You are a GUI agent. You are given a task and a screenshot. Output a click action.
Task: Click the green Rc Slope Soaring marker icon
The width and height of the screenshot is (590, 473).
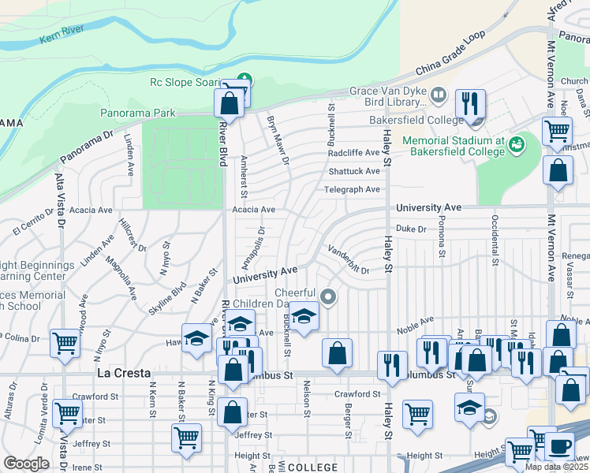[245, 80]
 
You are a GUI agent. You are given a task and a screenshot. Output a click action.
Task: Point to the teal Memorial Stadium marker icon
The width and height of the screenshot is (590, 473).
[517, 143]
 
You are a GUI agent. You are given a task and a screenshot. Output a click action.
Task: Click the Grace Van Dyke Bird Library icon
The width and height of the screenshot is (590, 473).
[438, 96]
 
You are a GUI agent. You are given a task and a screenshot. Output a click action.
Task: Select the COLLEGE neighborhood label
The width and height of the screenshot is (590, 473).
[313, 467]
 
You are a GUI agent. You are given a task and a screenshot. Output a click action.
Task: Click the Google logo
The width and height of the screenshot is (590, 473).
[26, 464]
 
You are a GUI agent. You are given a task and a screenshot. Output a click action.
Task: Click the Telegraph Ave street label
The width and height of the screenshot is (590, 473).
[352, 190]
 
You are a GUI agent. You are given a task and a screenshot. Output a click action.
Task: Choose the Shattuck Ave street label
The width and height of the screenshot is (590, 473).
[354, 171]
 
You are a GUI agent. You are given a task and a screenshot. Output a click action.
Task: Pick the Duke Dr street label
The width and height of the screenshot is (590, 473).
[410, 229]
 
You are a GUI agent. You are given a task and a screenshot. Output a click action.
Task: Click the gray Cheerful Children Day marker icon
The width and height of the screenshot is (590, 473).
[328, 297]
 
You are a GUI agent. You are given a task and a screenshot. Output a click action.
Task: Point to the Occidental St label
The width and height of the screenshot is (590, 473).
[495, 229]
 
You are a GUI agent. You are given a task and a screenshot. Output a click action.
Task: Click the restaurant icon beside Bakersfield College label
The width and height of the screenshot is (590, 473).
[470, 102]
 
